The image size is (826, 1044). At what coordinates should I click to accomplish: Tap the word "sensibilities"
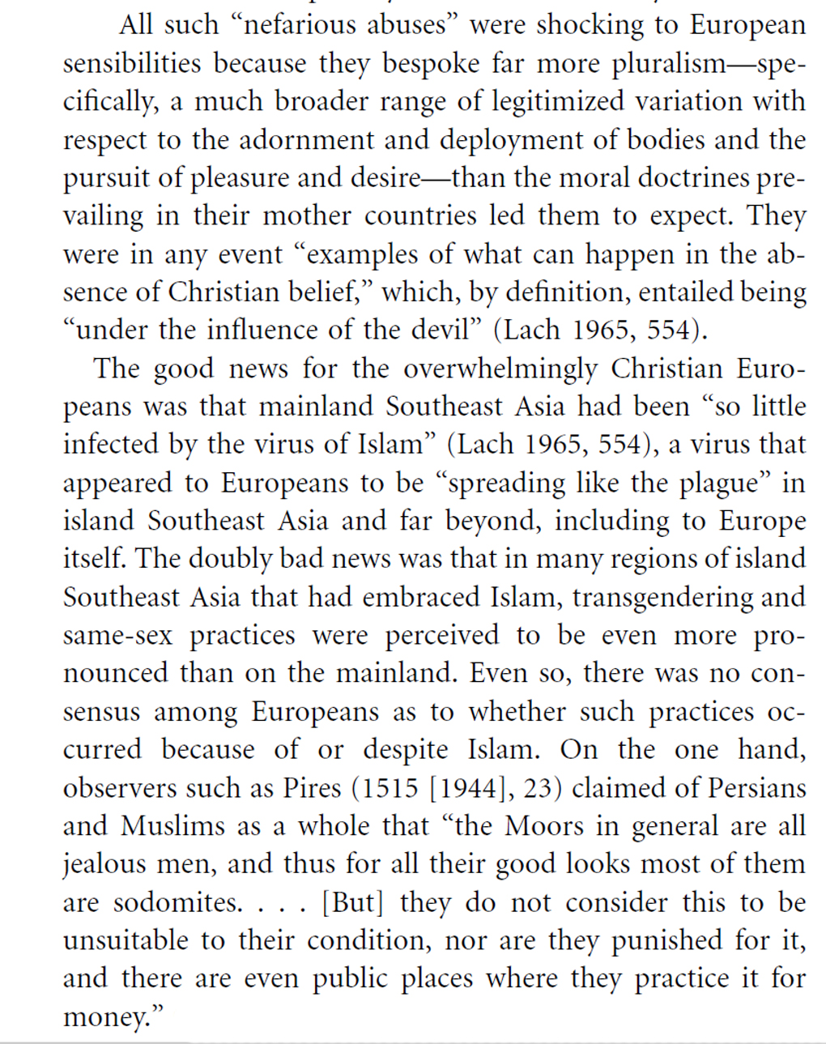[133, 64]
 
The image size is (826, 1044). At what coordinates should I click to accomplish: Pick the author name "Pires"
[312, 788]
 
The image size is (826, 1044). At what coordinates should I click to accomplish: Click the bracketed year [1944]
[471, 788]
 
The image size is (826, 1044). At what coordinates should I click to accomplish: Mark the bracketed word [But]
[353, 902]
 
